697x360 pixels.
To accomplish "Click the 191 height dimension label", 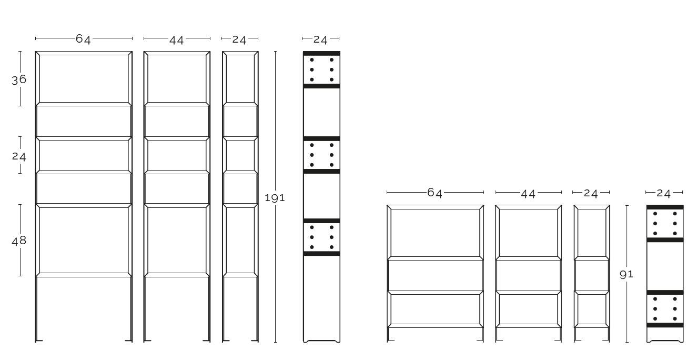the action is click(x=275, y=198).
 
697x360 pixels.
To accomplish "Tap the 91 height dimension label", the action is click(x=627, y=274).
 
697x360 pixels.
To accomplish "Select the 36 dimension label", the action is click(x=19, y=79).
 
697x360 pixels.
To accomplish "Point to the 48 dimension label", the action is click(x=19, y=241).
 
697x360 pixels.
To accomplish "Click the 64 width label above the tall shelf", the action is click(x=84, y=39).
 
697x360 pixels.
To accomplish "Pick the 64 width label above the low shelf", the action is click(x=435, y=193).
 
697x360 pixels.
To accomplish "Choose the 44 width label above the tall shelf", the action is click(x=177, y=40).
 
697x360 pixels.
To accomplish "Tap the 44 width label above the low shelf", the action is click(x=528, y=194).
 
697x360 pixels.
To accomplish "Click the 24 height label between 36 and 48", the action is click(x=19, y=156).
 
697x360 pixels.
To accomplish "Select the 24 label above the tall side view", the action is click(x=320, y=40).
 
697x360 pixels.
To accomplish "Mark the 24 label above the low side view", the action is click(x=664, y=194).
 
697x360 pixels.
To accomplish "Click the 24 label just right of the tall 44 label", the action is click(x=239, y=40).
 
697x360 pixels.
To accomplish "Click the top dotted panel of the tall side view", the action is click(x=322, y=70).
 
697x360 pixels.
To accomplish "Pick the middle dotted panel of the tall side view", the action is click(x=322, y=155).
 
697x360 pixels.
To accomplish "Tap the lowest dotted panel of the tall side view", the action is click(x=322, y=237).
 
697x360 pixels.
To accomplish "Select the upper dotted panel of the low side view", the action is click(x=665, y=224).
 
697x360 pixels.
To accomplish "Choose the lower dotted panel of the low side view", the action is click(x=665, y=309).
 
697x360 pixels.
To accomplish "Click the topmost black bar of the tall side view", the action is click(x=322, y=53).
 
